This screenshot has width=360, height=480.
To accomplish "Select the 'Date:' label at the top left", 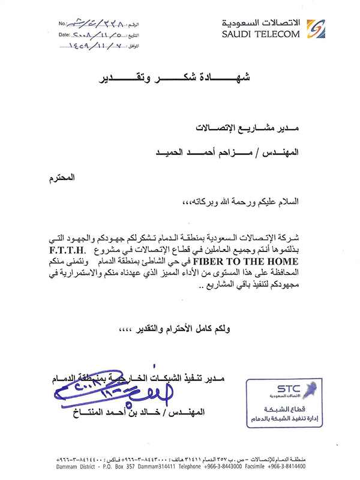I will click(64, 35).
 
